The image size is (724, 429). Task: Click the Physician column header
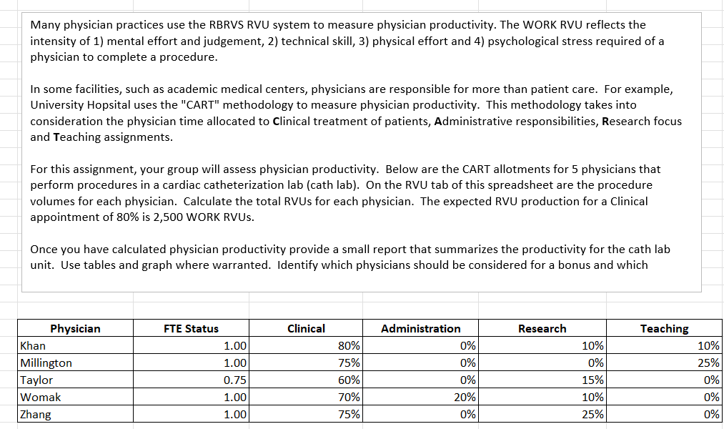point(75,329)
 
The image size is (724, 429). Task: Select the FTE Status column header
point(191,329)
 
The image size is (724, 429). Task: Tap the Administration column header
point(420,329)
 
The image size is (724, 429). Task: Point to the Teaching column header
point(664,329)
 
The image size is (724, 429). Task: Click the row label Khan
point(33,346)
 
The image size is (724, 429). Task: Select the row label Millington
point(46,363)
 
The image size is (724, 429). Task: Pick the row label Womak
point(41,398)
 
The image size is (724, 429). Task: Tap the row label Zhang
point(36,415)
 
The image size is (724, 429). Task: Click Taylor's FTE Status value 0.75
point(234,380)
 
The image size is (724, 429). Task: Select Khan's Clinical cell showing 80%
point(349,346)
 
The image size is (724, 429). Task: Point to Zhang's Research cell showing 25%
point(592,415)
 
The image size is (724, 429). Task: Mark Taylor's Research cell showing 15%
point(592,380)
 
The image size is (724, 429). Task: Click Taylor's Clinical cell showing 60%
point(349,380)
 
